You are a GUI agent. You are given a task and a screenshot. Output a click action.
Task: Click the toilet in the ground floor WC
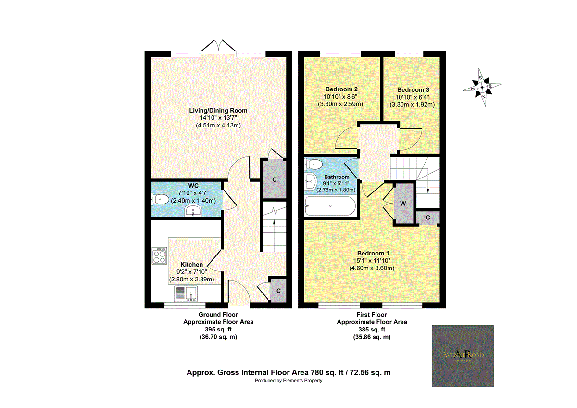coord(160,199)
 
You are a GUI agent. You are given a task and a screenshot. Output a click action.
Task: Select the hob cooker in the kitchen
coord(159,256)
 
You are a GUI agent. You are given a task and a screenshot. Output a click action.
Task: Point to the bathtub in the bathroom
coord(330,208)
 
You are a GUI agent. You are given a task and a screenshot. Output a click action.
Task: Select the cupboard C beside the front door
coord(278,290)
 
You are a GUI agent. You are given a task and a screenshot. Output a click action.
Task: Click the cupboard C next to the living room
coord(274,179)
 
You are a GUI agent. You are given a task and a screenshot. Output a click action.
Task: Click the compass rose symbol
coord(483,88)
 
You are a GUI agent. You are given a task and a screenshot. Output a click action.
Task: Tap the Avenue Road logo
coord(463,356)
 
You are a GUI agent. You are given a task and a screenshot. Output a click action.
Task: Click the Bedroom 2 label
coord(341,89)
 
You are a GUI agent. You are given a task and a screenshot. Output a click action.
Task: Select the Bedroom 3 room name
coord(413,90)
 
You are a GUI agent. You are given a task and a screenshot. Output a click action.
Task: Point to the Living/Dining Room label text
coord(218,111)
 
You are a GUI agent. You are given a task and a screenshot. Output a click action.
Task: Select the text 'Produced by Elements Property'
coord(288,381)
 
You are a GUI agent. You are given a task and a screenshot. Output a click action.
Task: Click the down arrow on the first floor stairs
coord(428,190)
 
